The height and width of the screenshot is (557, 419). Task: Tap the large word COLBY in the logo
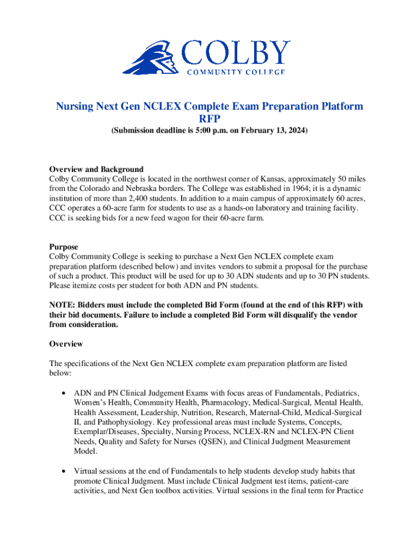coord(236,53)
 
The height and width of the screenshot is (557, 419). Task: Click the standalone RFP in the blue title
coord(209,119)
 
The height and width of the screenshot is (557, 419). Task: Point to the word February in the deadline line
coord(256,132)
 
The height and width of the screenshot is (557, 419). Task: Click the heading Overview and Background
coord(96,169)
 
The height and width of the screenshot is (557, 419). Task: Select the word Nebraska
coord(143,188)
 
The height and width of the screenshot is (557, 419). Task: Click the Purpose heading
coord(64,247)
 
